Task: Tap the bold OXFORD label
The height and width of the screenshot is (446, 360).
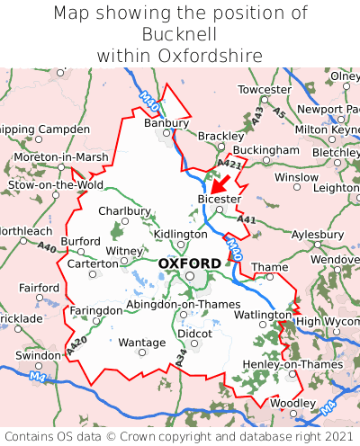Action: click(189, 263)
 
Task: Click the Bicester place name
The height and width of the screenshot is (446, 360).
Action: click(219, 199)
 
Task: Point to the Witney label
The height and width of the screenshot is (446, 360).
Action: click(124, 251)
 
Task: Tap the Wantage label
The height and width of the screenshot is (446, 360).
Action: click(142, 343)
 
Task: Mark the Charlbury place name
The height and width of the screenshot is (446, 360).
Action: click(124, 211)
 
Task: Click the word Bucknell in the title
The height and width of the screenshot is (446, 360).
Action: click(180, 34)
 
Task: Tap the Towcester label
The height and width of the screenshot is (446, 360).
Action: click(264, 90)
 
